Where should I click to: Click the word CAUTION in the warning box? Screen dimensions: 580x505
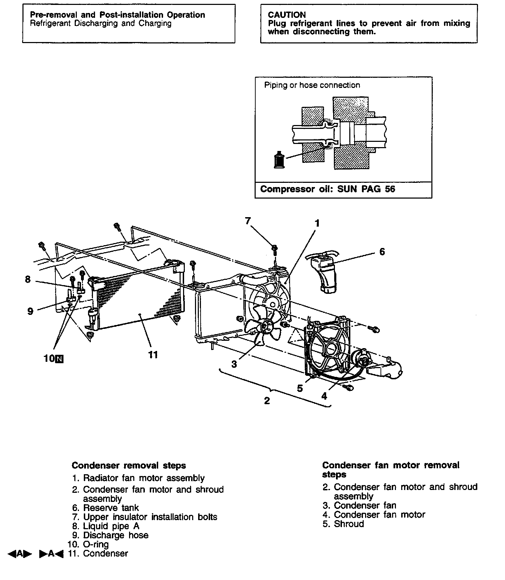287,15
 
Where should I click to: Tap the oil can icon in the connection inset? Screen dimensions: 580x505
279,159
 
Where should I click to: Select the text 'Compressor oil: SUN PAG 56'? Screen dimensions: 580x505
328,189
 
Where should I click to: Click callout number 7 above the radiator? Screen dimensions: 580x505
248,221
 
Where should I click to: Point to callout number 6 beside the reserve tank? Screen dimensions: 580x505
382,251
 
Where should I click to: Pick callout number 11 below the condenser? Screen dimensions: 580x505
153,355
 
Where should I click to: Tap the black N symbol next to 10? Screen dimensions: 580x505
60,358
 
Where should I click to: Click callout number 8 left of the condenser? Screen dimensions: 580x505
28,279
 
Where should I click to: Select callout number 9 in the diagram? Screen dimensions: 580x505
31,311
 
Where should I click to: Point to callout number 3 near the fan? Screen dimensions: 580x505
234,364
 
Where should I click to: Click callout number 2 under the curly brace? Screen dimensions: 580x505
267,400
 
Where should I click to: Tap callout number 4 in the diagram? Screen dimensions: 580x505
324,396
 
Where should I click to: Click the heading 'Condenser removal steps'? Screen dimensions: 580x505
129,465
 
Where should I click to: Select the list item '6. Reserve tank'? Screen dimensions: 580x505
106,508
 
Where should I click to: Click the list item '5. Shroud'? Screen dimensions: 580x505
343,524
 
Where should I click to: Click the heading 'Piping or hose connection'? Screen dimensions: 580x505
312,85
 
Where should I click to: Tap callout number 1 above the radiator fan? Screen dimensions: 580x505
317,223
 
